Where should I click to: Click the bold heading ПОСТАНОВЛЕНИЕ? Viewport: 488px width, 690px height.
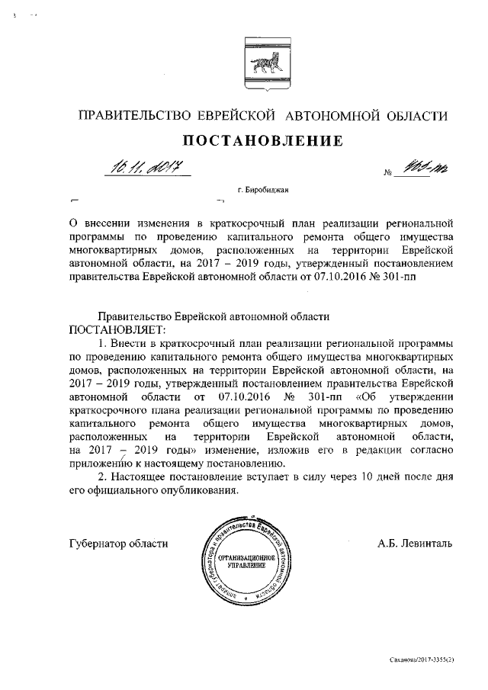pyautogui.click(x=257, y=140)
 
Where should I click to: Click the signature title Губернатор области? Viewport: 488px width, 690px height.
pyautogui.click(x=117, y=544)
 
